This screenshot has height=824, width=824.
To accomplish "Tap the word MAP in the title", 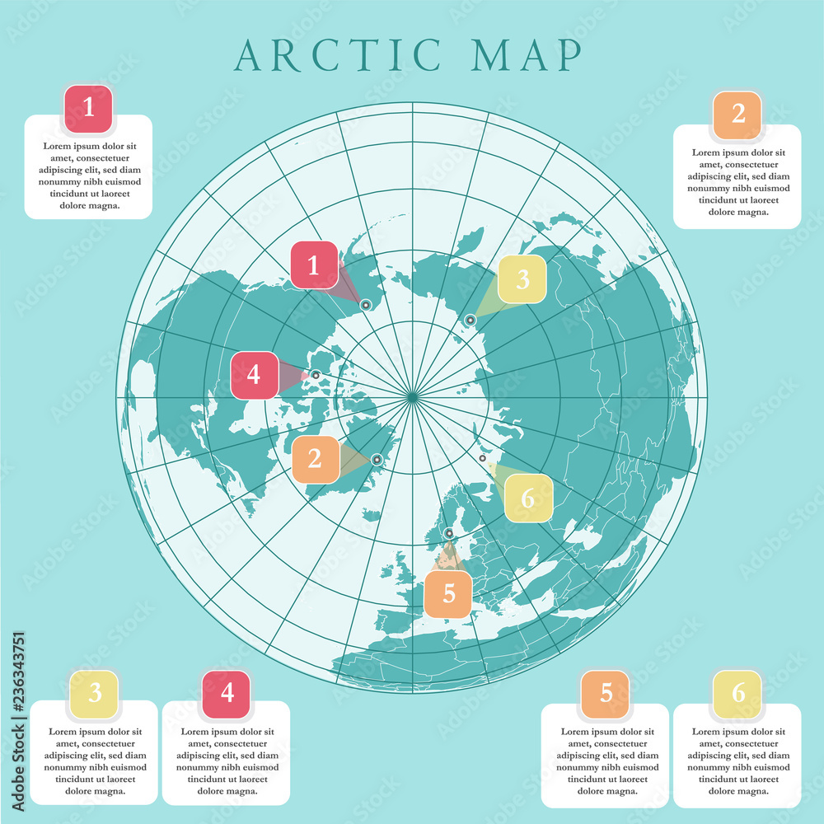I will pyautogui.click(x=523, y=54).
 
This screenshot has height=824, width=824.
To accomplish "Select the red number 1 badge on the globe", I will pyautogui.click(x=313, y=265).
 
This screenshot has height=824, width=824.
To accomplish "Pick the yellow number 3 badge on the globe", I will pyautogui.click(x=522, y=279).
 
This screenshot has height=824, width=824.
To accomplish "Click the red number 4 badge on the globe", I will pyautogui.click(x=254, y=375).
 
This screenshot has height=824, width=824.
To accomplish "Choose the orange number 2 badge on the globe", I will pyautogui.click(x=315, y=459).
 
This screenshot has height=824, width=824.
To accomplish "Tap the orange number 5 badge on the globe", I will pyautogui.click(x=448, y=593).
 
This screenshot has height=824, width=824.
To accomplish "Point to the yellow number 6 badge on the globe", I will pyautogui.click(x=528, y=498).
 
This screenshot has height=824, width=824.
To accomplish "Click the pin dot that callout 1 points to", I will pyautogui.click(x=366, y=305).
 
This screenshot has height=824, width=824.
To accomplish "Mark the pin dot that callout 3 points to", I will pyautogui.click(x=471, y=320).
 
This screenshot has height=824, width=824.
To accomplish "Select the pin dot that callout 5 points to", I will pyautogui.click(x=449, y=534).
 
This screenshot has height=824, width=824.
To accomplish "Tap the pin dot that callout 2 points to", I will pyautogui.click(x=377, y=460).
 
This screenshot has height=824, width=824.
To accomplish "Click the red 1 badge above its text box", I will pyautogui.click(x=88, y=109).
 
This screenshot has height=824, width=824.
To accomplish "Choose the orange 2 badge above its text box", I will pyautogui.click(x=737, y=115).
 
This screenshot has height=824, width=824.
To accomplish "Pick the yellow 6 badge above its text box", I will pyautogui.click(x=737, y=694).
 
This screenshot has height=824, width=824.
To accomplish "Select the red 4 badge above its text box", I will pyautogui.click(x=227, y=694).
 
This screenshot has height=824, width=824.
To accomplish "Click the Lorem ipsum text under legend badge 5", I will pyautogui.click(x=606, y=761).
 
